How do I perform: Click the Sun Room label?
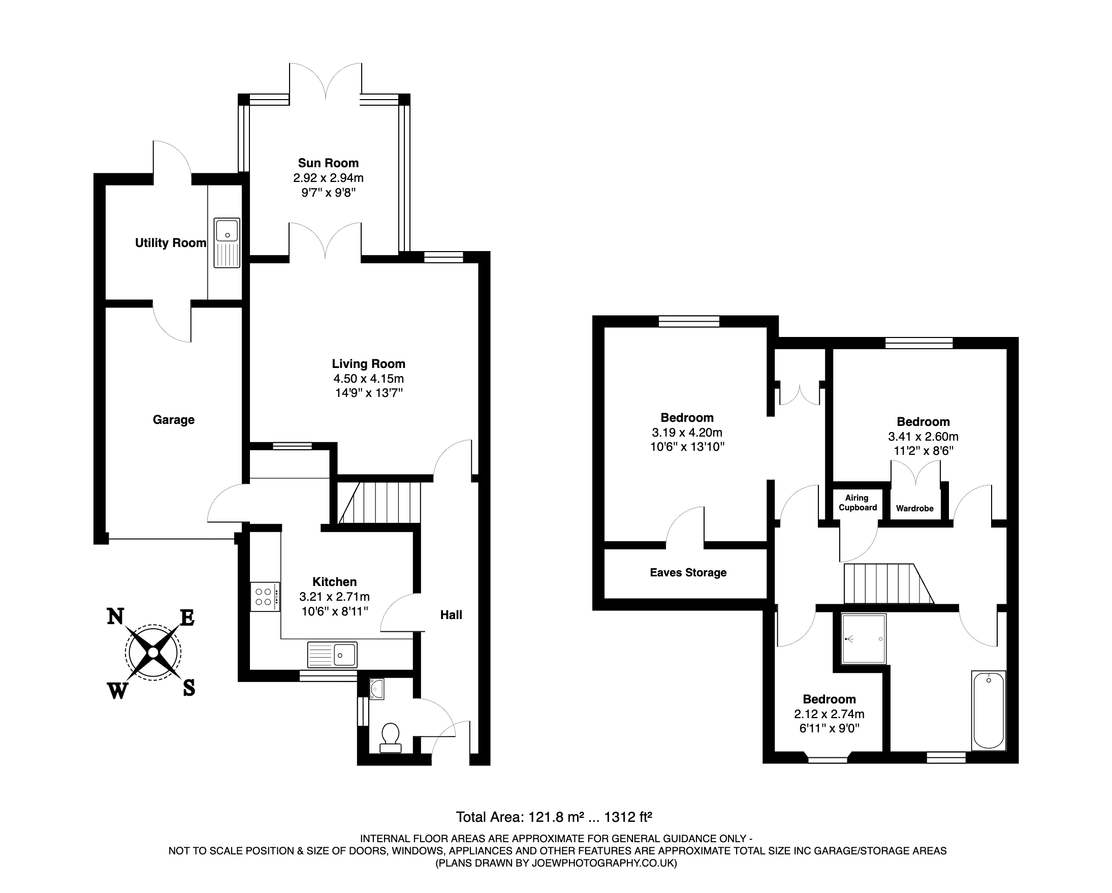click(328, 163)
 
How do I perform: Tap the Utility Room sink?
click(227, 242)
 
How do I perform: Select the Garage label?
click(173, 420)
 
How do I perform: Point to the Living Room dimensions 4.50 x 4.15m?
click(368, 379)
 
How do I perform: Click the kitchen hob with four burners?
click(265, 597)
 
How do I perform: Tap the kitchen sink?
click(332, 655)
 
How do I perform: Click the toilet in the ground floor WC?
click(391, 738)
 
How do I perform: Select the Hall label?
click(451, 615)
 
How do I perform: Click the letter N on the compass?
click(115, 617)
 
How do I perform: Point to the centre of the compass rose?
click(153, 653)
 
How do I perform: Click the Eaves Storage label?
click(688, 573)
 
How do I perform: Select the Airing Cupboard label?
click(857, 503)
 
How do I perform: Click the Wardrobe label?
click(915, 509)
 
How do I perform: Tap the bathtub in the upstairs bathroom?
click(989, 711)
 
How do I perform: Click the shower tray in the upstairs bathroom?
click(864, 639)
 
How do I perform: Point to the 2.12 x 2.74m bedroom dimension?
click(830, 714)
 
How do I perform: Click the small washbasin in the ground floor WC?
click(377, 689)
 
